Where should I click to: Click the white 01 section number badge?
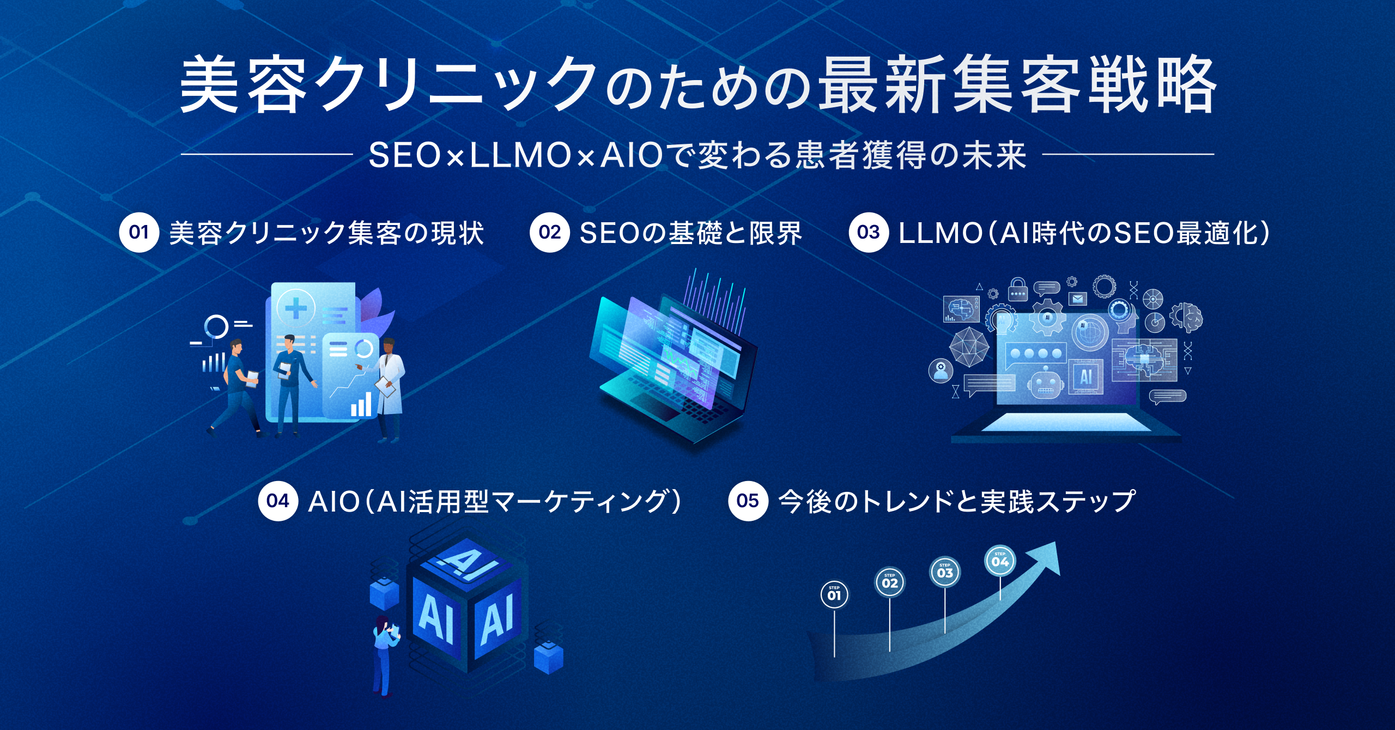click(139, 233)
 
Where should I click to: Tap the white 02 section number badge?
click(549, 233)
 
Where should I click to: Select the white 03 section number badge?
click(868, 233)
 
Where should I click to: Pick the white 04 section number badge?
click(278, 501)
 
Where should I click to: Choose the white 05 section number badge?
click(748, 501)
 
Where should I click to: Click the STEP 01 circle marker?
click(834, 594)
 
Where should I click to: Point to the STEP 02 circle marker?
click(889, 582)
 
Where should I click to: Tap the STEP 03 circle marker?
click(945, 571)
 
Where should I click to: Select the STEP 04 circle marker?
click(1000, 561)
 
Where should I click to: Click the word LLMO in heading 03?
click(940, 233)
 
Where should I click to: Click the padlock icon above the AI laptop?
click(1017, 290)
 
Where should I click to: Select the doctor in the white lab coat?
click(390, 387)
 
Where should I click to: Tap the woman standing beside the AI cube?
click(384, 654)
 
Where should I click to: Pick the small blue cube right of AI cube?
click(548, 656)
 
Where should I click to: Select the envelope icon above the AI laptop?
click(1077, 299)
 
